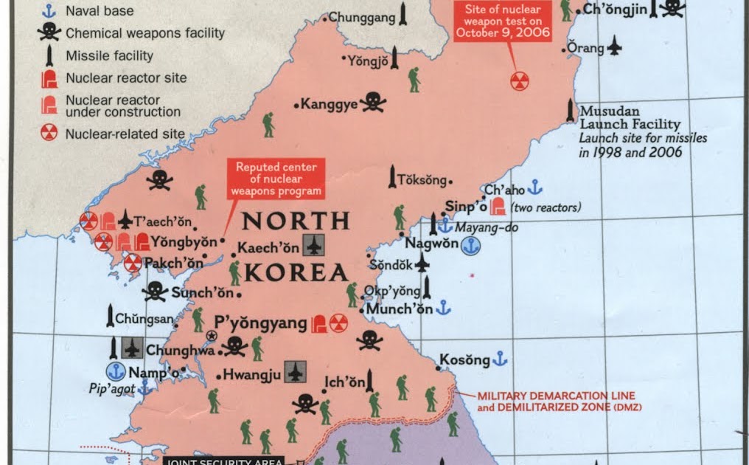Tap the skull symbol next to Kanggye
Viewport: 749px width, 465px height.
pyautogui.click(x=373, y=103)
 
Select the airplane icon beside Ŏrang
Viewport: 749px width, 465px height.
pyautogui.click(x=613, y=48)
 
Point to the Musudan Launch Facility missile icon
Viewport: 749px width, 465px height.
pyautogui.click(x=570, y=111)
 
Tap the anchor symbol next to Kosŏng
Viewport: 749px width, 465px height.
pyautogui.click(x=500, y=359)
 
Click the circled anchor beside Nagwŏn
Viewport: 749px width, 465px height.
pyautogui.click(x=470, y=247)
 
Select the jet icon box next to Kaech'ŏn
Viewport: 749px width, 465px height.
pyautogui.click(x=315, y=245)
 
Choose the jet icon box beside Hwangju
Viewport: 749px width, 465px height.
pyautogui.click(x=295, y=372)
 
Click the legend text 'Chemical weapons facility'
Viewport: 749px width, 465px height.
pyautogui.click(x=145, y=33)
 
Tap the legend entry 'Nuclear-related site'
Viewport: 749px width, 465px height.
pyautogui.click(x=125, y=134)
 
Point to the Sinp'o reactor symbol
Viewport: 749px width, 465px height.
pyautogui.click(x=498, y=207)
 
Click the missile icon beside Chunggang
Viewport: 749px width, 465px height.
pyautogui.click(x=403, y=15)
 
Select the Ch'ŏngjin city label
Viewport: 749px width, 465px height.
pyautogui.click(x=615, y=10)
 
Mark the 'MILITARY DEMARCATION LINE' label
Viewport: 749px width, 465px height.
pyautogui.click(x=556, y=396)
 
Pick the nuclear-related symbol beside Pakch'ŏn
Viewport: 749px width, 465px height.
pyautogui.click(x=133, y=263)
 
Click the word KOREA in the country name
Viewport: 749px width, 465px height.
pyautogui.click(x=295, y=272)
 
